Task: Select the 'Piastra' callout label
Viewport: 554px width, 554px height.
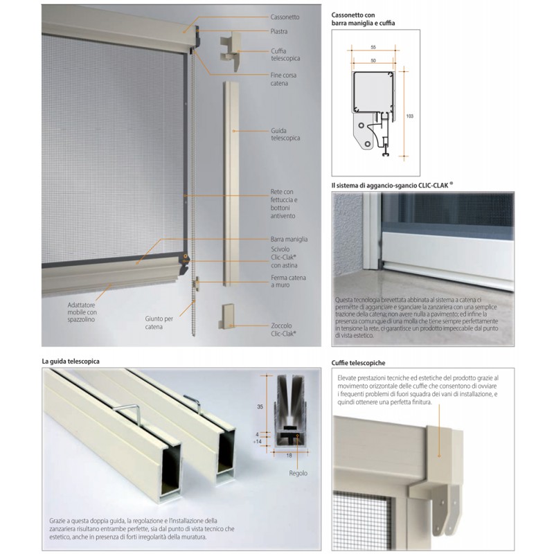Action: pos(279,32)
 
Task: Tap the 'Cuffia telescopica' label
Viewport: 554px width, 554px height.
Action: pos(285,54)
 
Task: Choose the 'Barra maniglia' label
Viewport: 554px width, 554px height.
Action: pos(289,239)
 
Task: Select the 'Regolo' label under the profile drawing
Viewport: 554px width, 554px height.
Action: pos(298,474)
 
